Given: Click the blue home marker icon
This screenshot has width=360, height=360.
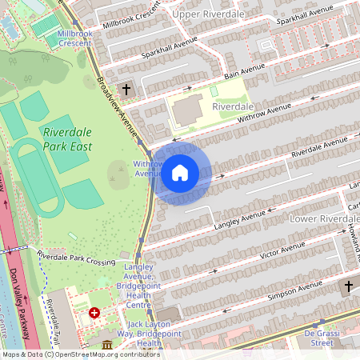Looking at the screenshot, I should click(x=180, y=172).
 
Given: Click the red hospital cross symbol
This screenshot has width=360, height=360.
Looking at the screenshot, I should click(x=95, y=313).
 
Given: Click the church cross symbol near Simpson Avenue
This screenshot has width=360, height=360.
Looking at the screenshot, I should click(x=349, y=286).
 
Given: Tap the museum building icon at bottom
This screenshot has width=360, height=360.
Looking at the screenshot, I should click(x=107, y=345).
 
